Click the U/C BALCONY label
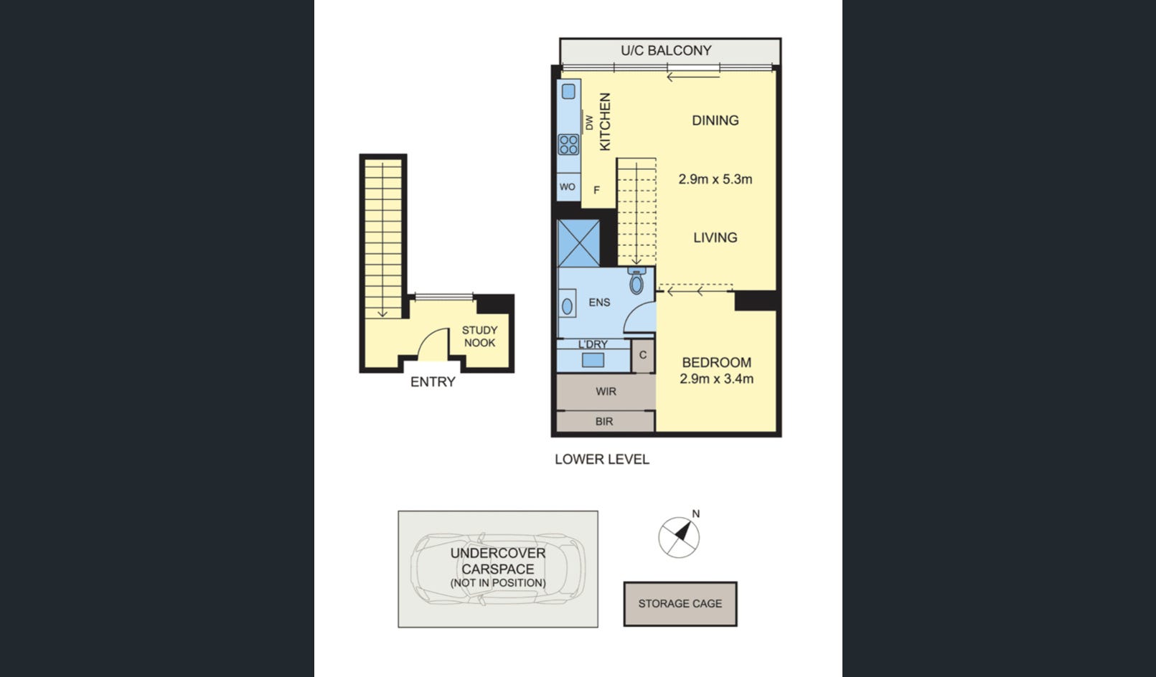click(x=666, y=51)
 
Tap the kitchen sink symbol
click(x=568, y=92)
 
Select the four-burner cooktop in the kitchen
click(x=568, y=145)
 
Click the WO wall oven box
click(x=568, y=187)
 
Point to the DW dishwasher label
click(x=589, y=123)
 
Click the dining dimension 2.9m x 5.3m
click(x=715, y=179)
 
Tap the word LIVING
click(x=715, y=237)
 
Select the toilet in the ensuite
click(x=636, y=281)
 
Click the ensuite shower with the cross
click(x=578, y=244)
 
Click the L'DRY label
click(x=593, y=344)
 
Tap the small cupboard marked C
click(x=643, y=356)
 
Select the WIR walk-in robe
click(x=606, y=392)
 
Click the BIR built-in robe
click(x=604, y=422)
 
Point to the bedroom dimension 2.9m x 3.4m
click(x=717, y=379)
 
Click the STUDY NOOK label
click(x=479, y=336)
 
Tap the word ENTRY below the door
click(x=433, y=382)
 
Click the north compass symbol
click(x=679, y=536)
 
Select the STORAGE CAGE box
click(x=680, y=604)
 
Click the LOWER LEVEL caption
click(x=602, y=460)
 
